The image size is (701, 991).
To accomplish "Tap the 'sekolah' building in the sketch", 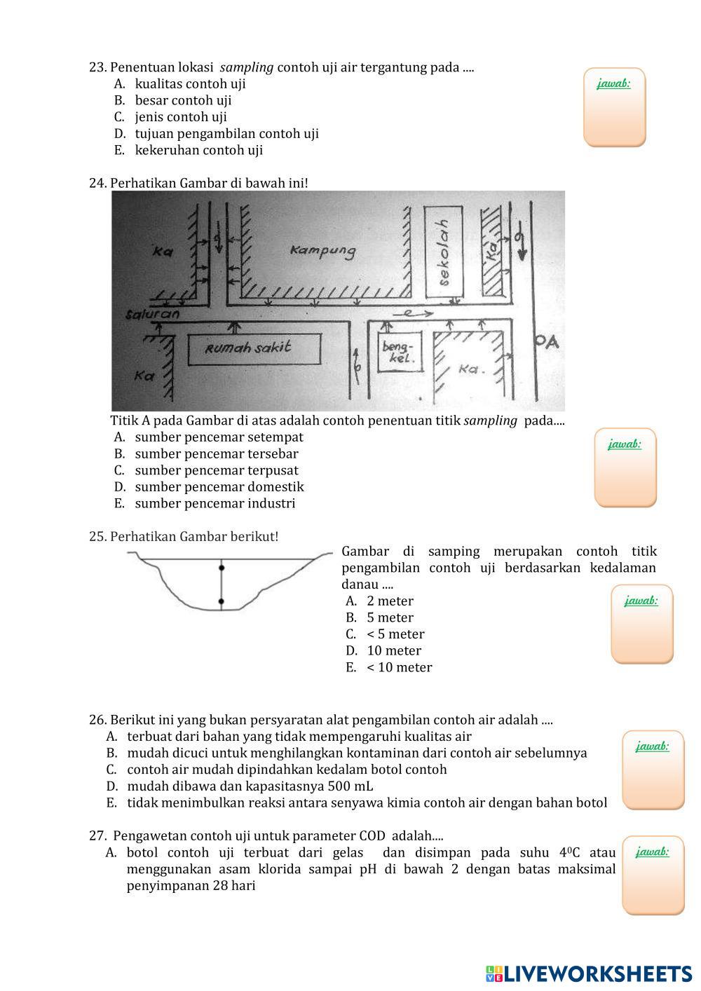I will click(443, 252).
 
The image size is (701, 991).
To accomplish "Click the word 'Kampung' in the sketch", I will click(323, 250).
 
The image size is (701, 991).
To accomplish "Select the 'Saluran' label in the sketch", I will click(152, 314).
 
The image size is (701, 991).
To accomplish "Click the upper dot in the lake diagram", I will click(222, 568).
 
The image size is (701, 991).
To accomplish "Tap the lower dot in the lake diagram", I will click(222, 601).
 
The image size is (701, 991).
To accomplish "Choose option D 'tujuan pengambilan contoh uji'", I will click(226, 133).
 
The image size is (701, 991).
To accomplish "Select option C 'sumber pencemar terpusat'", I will click(216, 470).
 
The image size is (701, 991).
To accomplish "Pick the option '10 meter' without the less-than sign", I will click(394, 650).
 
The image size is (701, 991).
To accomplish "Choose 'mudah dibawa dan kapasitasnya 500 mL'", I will click(250, 786).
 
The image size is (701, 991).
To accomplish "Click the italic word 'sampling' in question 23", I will click(247, 67).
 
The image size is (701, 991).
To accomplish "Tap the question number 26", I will click(97, 720).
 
